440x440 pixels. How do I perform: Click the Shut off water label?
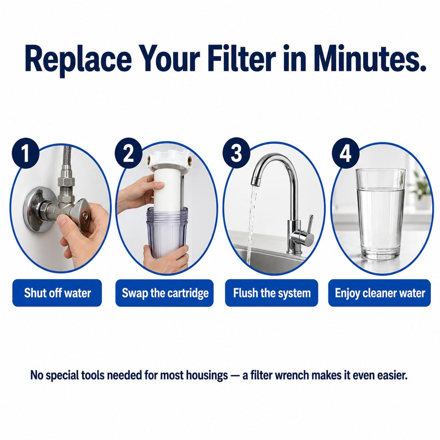(57, 293)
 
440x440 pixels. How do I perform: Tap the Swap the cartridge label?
(165, 293)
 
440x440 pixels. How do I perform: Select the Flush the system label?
(272, 293)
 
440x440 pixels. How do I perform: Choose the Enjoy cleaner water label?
(379, 293)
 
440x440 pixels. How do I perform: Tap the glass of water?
(381, 214)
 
